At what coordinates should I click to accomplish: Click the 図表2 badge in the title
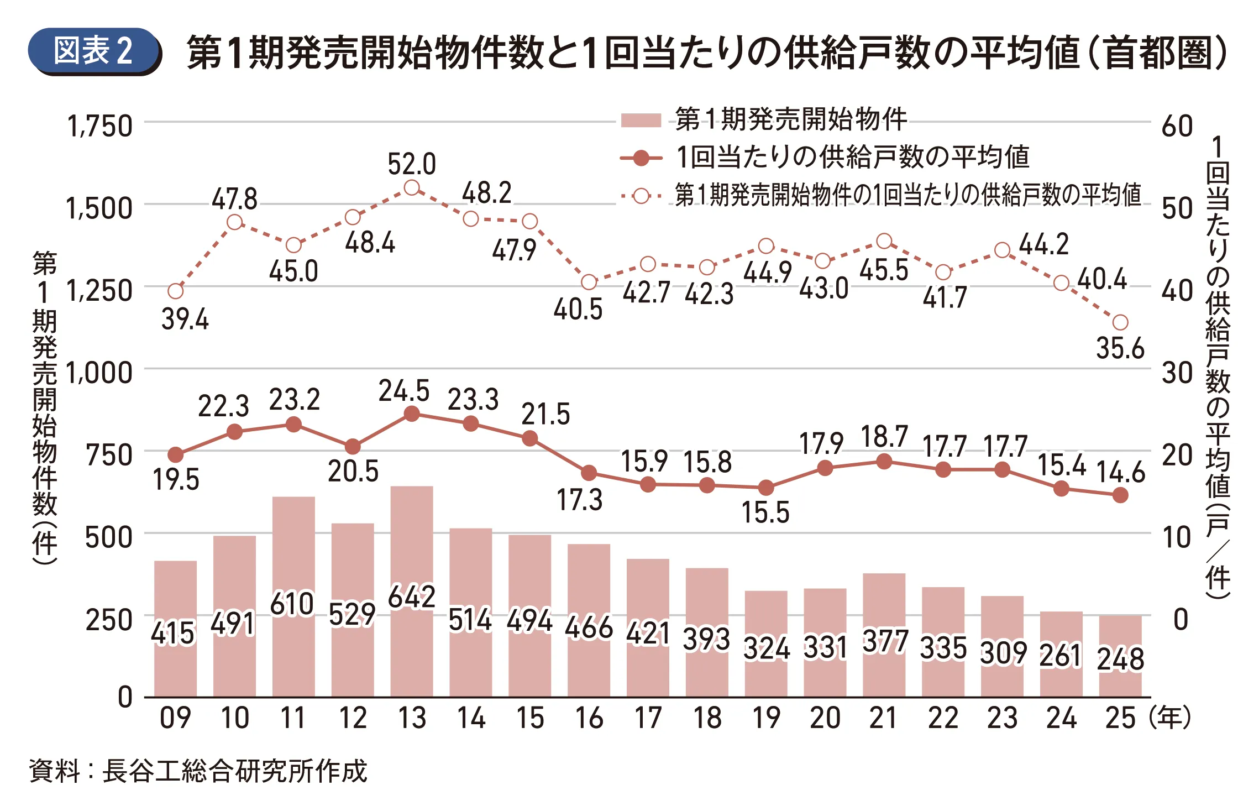coord(93,51)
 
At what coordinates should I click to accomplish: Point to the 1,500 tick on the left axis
coord(99,208)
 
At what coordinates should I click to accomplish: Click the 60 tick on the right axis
coord(1177,126)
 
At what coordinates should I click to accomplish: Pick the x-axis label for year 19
coord(766,718)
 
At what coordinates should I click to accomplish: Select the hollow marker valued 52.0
coord(412,188)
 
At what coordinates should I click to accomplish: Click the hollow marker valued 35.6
coord(1120,322)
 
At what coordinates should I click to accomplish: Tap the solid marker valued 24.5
coord(412,414)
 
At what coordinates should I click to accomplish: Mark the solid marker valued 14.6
coord(1120,495)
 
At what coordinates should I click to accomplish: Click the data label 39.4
coord(185,320)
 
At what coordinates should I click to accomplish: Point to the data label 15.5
coord(765,512)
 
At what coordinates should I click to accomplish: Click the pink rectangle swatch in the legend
coord(641,120)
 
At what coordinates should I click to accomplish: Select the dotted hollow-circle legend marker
coord(641,196)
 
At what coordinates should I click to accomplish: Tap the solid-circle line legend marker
coord(641,159)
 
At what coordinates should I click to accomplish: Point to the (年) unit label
coord(1169,718)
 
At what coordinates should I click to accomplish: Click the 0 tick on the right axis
coord(1180,620)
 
